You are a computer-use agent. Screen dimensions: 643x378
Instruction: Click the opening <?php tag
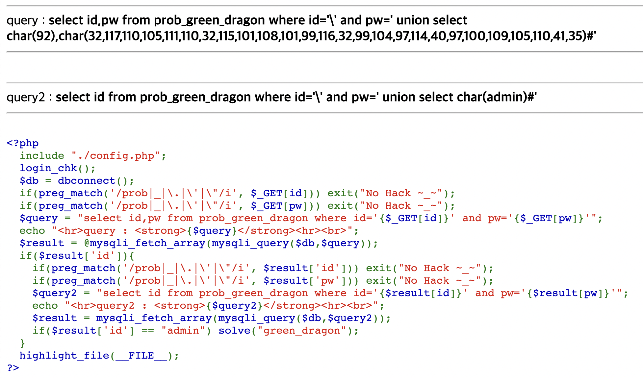[x=22, y=143]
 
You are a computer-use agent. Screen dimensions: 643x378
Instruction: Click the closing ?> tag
[x=13, y=368]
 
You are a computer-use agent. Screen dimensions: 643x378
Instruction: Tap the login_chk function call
[x=48, y=168]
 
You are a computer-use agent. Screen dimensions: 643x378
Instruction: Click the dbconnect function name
[x=87, y=181]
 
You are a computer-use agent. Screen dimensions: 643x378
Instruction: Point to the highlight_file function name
[x=64, y=356]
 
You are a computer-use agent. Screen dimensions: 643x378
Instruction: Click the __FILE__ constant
[x=141, y=356]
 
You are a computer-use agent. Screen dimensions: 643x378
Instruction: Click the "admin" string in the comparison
[x=183, y=331]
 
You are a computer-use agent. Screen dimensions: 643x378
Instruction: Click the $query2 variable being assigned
[x=54, y=293]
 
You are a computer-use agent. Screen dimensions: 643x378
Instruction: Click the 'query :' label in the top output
[x=26, y=20]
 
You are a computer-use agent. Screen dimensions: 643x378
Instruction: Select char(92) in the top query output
[x=31, y=36]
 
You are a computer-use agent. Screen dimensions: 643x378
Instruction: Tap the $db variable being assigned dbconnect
[x=29, y=181]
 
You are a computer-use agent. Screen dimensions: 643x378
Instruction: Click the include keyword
[x=42, y=156]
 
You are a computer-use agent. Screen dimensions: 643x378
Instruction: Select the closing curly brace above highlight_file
[x=22, y=343]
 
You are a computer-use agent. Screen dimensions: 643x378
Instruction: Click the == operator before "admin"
[x=148, y=331]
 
